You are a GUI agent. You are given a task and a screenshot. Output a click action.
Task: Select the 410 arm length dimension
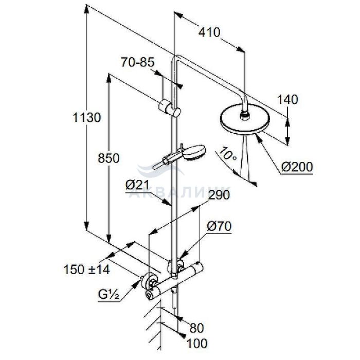coord(210,32)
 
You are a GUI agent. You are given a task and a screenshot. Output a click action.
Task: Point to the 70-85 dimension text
coord(138,63)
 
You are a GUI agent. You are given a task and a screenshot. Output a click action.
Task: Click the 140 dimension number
coord(287,100)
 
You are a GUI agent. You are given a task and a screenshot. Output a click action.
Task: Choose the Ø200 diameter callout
coord(297,167)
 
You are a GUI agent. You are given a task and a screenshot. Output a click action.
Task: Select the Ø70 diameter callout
coord(218,226)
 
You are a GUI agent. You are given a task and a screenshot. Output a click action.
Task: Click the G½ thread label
coord(109,295)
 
